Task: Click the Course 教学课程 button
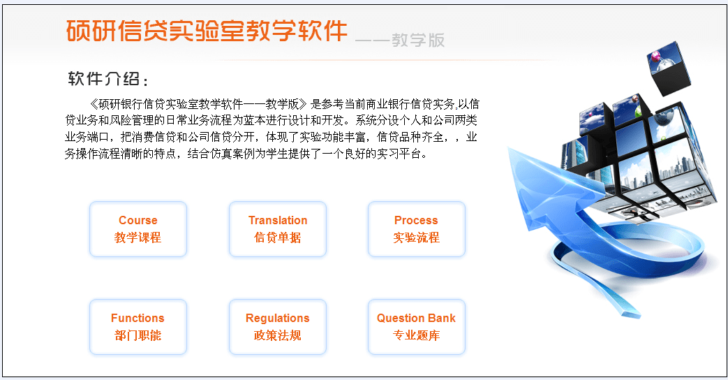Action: [x=138, y=229]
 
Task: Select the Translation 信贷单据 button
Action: [x=278, y=229]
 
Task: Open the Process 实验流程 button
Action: [x=416, y=229]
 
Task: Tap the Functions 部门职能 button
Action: [x=138, y=327]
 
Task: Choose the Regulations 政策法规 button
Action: [x=278, y=327]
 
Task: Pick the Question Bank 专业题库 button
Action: [x=416, y=327]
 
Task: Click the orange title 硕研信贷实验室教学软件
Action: [x=207, y=31]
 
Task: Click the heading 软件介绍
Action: [x=108, y=79]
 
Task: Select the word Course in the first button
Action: [x=138, y=221]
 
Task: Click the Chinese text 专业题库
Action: [x=416, y=335]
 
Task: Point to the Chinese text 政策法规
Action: [x=278, y=335]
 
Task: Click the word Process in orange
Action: [x=416, y=221]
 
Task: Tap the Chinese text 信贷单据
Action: [x=278, y=237]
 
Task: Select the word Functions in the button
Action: [x=138, y=319]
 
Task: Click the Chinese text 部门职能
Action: [x=138, y=335]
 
